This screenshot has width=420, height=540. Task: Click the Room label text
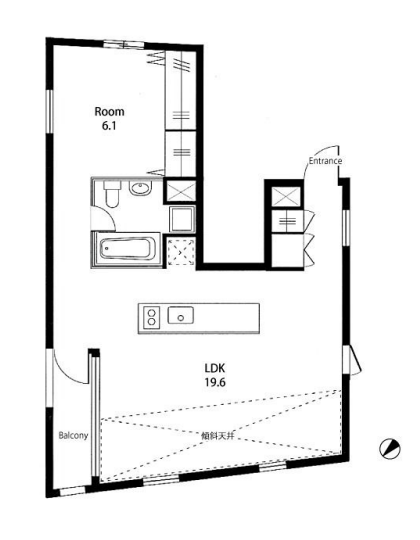pos(109,112)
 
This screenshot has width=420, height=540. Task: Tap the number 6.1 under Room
pos(109,126)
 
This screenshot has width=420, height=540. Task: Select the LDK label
pos(215,368)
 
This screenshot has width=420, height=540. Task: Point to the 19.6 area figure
pos(216,382)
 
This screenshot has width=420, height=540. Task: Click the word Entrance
pos(325,161)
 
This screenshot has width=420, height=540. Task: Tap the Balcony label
pos(73,435)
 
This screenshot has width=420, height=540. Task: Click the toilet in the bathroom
pos(112,194)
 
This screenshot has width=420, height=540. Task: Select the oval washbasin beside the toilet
pos(140,188)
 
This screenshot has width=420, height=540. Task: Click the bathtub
pos(127,249)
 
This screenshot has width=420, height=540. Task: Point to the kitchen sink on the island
pos(180,315)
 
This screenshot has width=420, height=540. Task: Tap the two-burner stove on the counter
pos(152,317)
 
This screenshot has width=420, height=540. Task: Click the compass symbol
pos(390,449)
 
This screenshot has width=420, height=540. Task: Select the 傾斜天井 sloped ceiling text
pos(218,436)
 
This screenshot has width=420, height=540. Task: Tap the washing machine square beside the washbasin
pos(182,219)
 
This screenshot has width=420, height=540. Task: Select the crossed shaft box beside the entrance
pos(286,197)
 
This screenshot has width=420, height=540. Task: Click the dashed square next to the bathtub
pos(181,252)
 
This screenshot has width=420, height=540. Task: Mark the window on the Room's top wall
pos(124,45)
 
